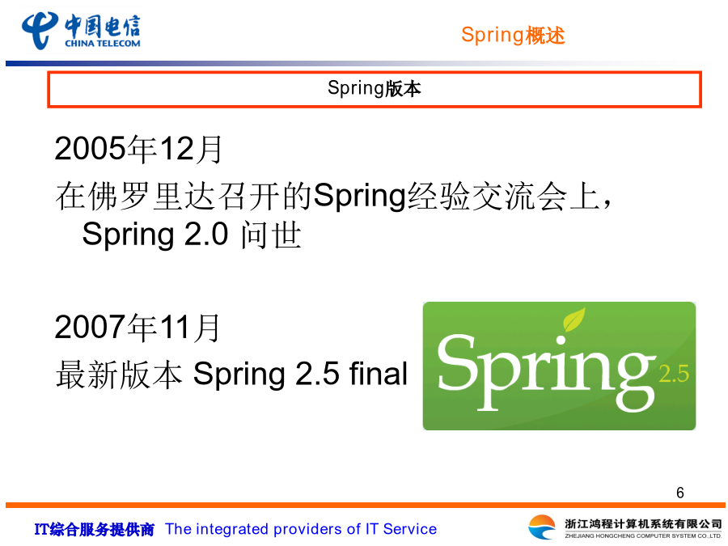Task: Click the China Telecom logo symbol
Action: tap(40, 30)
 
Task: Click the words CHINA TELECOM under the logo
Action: tap(103, 44)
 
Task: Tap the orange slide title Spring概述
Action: tap(513, 36)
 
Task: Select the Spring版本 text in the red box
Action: tap(375, 88)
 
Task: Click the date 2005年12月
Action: tap(138, 149)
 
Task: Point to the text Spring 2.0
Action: tap(155, 235)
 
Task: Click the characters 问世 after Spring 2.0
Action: tap(272, 235)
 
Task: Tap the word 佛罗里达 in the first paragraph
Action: tap(151, 197)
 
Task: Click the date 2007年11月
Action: tap(137, 328)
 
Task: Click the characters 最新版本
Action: tap(119, 375)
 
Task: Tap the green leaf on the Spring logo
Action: tap(574, 320)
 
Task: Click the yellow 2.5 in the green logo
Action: tap(674, 375)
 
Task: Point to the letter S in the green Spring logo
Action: tap(456, 362)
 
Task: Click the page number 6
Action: tap(680, 493)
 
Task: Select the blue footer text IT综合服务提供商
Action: tap(95, 529)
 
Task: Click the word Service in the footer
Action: tap(410, 529)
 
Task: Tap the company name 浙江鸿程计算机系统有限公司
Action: tap(643, 523)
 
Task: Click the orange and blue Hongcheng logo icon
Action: tap(542, 527)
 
